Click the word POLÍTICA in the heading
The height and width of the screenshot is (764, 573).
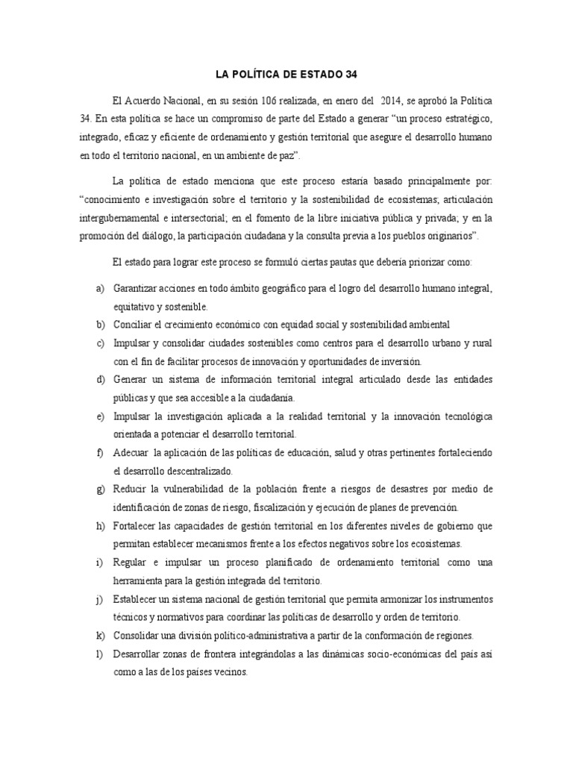[x=263, y=74]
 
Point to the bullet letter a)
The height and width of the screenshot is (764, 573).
[x=100, y=288]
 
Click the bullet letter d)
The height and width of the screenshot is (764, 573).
[x=100, y=380]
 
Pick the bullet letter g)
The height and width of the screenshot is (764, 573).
[x=100, y=489]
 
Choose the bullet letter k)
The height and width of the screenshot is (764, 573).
[x=100, y=635]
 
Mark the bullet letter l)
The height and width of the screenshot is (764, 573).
[x=100, y=653]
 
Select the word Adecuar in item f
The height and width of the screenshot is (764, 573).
[x=132, y=453]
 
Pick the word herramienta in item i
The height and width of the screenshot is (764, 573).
[x=142, y=580]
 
